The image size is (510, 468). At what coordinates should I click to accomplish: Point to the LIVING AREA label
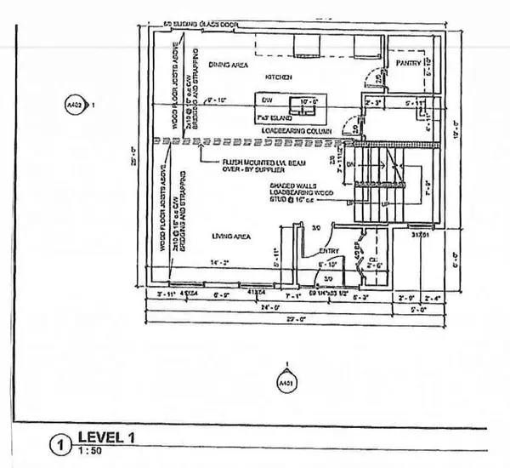pos(225,236)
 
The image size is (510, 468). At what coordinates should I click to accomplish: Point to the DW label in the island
pos(266,100)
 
